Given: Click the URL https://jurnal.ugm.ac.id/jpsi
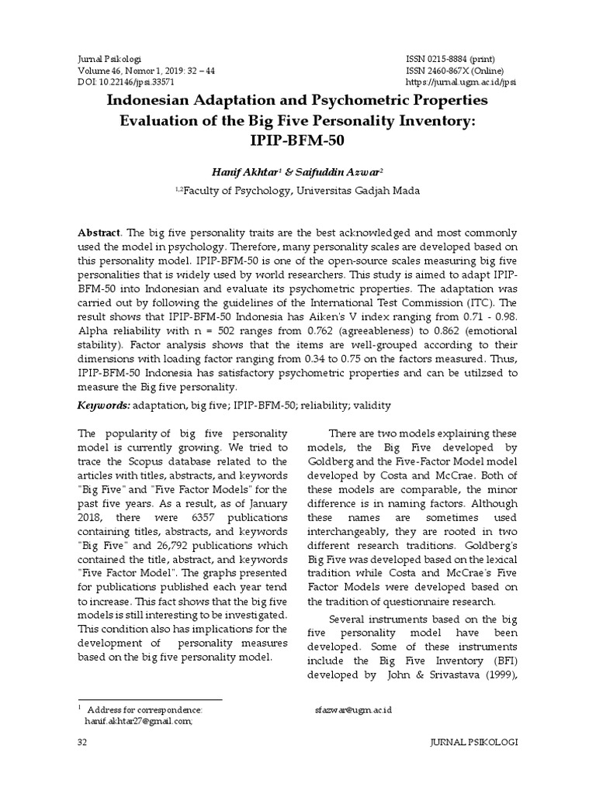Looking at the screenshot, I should tap(461, 81).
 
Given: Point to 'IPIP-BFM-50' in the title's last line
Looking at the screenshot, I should tap(297, 141).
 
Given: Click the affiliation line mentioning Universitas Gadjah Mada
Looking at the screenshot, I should tap(297, 192).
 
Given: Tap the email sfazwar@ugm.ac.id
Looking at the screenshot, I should tap(348, 709).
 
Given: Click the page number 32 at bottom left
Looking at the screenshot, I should tap(81, 742).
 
